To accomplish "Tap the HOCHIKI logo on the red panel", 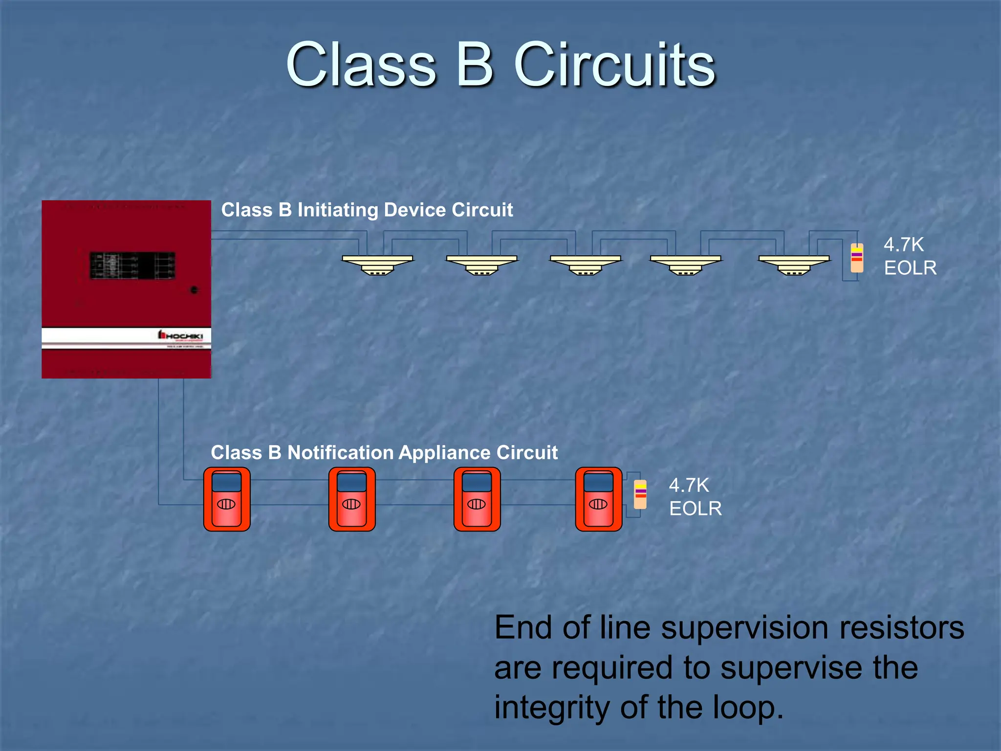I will coord(180,335).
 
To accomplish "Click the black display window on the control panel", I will coord(132,265).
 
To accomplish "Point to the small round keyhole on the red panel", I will coord(194,290).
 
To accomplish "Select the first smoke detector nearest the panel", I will coord(377,265).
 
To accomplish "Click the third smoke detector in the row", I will coord(586,265).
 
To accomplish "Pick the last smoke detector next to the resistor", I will coord(794,265).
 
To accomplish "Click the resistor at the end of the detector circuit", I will coord(857,258).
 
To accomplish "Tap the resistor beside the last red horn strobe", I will coord(640,494).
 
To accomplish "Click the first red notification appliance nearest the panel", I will coord(227,499).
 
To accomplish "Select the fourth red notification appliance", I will coord(599,499).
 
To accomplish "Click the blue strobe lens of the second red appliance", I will coord(352,482).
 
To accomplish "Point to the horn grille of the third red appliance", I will coord(477,504).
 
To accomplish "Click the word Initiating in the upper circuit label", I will coord(338,210).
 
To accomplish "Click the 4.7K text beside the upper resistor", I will coord(904,244).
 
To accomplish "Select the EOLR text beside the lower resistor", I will coord(695,509).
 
